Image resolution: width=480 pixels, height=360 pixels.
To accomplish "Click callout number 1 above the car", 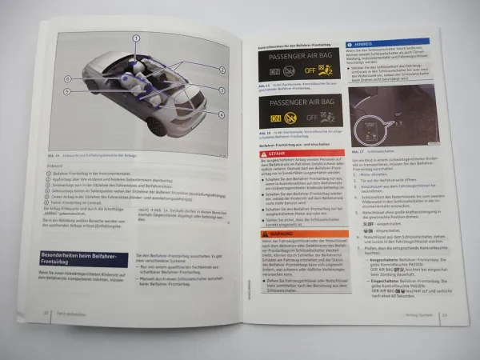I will pos(137,38).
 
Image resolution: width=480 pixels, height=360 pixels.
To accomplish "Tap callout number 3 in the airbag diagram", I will pos(222,90).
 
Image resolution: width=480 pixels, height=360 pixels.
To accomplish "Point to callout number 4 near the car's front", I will pos(221,114).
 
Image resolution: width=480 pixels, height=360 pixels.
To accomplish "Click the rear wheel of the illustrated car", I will pos(158,126).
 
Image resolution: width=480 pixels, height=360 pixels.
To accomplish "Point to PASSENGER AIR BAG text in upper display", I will pos(294,58).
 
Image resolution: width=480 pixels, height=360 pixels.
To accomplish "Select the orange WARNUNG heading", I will pos(278,234).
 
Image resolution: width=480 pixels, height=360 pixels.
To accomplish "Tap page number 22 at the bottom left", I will pos(46,314).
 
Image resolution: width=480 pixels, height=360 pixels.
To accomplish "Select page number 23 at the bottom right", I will pos(444,314).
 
